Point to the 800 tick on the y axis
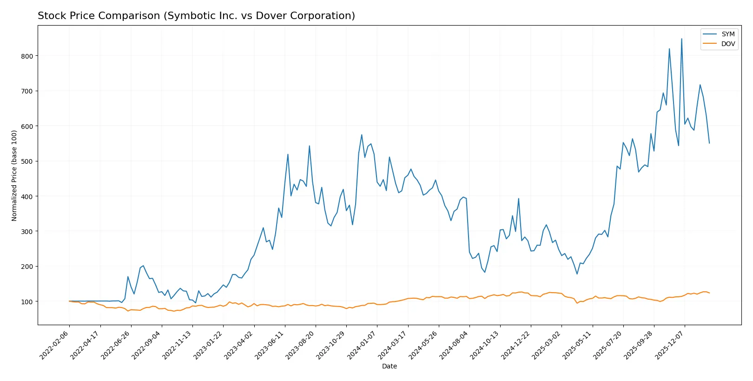[x=27, y=56]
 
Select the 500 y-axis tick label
[x=27, y=161]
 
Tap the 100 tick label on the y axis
[x=27, y=301]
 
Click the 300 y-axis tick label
[x=27, y=231]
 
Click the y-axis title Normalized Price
[x=14, y=175]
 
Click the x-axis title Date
[x=389, y=366]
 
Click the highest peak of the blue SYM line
[x=681, y=39]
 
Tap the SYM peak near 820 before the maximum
[x=669, y=49]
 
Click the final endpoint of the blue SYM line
[x=709, y=143]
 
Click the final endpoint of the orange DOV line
[x=709, y=293]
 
